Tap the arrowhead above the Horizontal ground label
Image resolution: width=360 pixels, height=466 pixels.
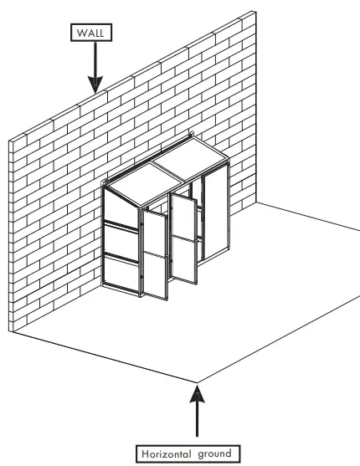click(x=197, y=390)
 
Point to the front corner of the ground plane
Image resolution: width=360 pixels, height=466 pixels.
click(x=197, y=382)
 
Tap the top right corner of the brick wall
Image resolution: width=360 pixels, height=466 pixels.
click(x=256, y=10)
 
